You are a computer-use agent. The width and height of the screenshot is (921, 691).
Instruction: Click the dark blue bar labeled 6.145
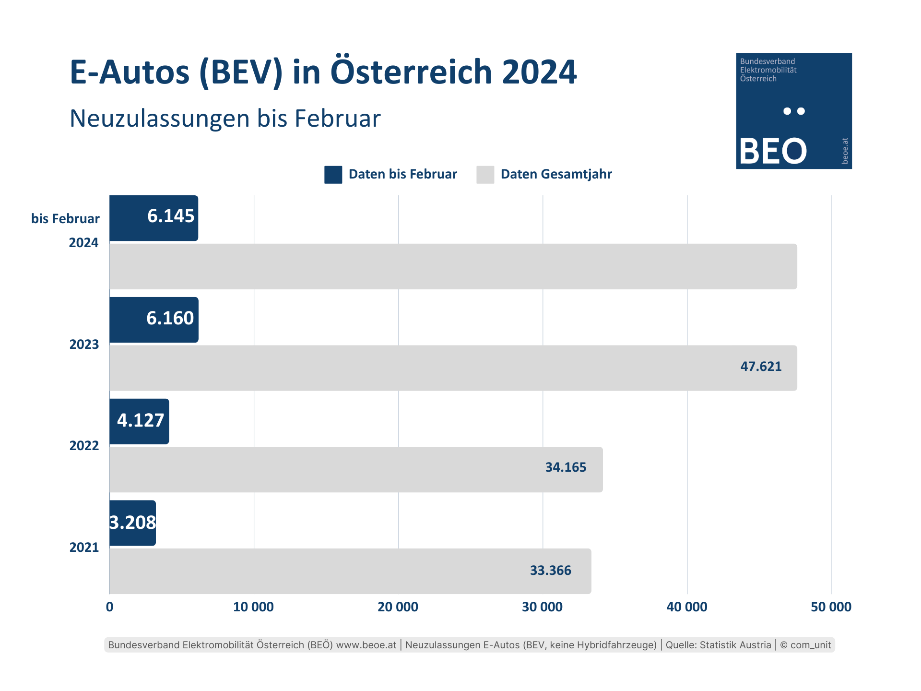153,218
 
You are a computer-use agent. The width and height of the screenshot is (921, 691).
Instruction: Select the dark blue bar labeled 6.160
153,320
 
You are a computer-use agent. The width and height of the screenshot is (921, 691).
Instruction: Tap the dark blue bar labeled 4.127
139,421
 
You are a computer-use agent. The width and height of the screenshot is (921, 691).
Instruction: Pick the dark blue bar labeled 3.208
132,523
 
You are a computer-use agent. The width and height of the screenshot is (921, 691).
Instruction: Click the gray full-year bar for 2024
453,266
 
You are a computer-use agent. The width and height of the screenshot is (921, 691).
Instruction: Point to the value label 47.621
761,367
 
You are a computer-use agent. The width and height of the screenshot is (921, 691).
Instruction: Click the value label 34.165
566,467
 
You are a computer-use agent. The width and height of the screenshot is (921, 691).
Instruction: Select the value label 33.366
550,571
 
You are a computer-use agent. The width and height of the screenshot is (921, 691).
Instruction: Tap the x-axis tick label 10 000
253,607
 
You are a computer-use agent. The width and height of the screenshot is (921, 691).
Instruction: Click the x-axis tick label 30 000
542,607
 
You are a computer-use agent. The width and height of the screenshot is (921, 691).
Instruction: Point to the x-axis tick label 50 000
831,607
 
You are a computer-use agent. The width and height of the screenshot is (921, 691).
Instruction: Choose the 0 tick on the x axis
109,607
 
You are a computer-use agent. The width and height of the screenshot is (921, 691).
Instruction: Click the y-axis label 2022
84,446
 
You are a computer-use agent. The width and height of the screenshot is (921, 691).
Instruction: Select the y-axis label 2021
84,548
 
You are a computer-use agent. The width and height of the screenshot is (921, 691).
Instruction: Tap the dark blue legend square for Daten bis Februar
333,175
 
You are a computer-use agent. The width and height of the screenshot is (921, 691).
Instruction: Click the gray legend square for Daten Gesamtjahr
485,175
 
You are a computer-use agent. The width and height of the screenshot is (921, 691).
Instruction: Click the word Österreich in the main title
412,72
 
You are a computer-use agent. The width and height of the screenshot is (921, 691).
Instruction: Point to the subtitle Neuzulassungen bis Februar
225,119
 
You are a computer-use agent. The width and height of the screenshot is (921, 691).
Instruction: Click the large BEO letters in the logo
773,151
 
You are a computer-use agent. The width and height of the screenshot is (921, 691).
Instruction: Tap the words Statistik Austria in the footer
735,645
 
